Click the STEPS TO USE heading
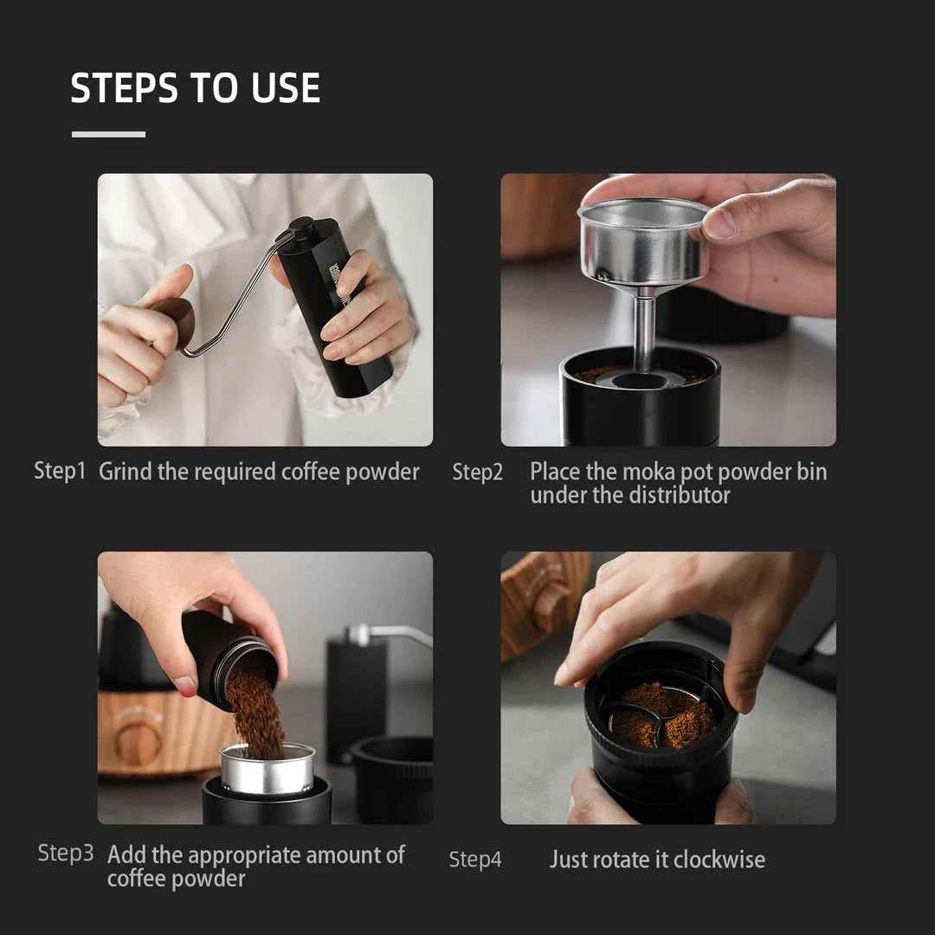click(195, 88)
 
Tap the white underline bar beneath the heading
click(108, 134)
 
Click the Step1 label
click(61, 471)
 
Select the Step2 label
click(477, 472)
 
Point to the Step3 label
click(66, 853)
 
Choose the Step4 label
click(474, 860)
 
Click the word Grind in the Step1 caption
click(126, 472)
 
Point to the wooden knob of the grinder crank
click(177, 322)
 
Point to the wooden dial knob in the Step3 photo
click(139, 741)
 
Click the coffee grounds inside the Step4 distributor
click(662, 714)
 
